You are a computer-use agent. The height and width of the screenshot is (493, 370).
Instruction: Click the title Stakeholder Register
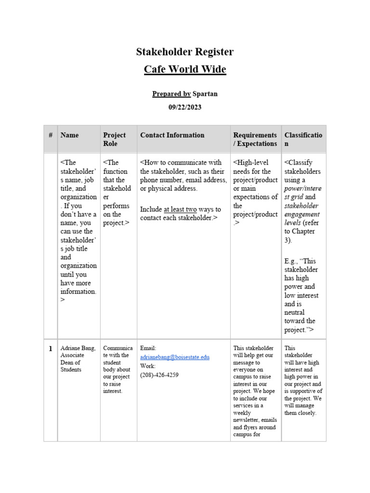(185, 52)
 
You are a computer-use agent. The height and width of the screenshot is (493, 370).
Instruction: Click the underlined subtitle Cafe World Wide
(185, 69)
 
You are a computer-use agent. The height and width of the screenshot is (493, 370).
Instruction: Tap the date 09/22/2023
(185, 107)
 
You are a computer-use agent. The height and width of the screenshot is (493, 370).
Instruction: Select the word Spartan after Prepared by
(205, 94)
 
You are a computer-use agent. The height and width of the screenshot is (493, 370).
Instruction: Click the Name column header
(69, 135)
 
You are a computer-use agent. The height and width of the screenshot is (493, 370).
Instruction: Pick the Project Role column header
(114, 139)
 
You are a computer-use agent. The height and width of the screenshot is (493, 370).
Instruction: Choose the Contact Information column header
(172, 135)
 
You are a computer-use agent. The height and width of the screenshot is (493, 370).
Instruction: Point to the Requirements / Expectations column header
(255, 139)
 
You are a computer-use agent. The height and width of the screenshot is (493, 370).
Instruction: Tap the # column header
(50, 135)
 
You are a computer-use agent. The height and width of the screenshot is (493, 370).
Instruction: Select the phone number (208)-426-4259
(159, 375)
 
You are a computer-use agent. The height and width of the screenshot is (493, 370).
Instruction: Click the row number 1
(50, 348)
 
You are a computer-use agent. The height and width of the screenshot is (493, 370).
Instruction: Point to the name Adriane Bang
(78, 348)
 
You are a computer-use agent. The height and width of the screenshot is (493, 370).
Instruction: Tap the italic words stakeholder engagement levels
(302, 214)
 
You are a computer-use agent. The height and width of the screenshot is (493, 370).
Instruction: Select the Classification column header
(304, 139)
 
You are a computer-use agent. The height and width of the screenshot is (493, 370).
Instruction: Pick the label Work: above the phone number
(148, 366)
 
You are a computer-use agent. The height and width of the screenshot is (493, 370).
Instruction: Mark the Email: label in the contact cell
(148, 348)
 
